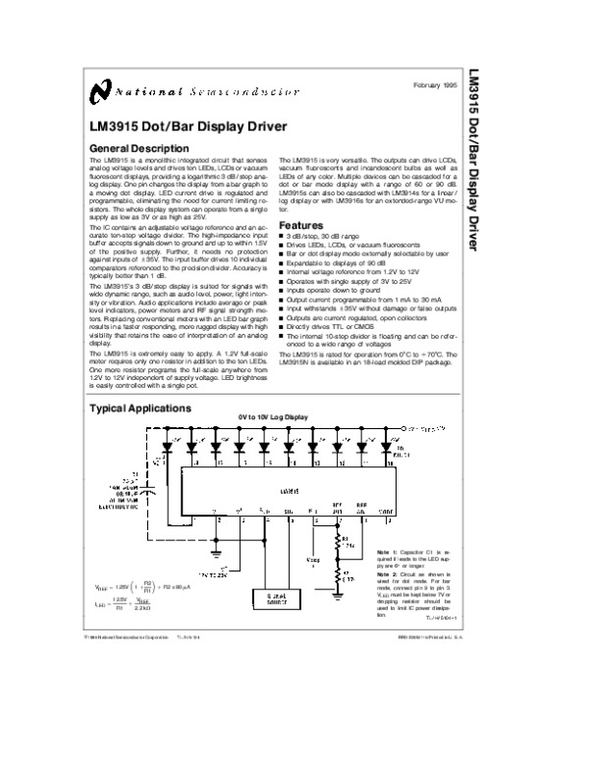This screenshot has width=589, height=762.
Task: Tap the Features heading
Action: click(301, 225)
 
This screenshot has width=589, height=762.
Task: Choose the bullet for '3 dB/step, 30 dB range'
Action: click(283, 237)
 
